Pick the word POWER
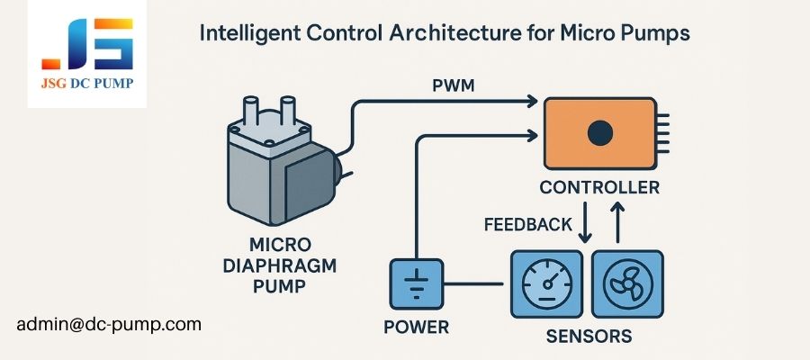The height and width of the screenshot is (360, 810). click(416, 327)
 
